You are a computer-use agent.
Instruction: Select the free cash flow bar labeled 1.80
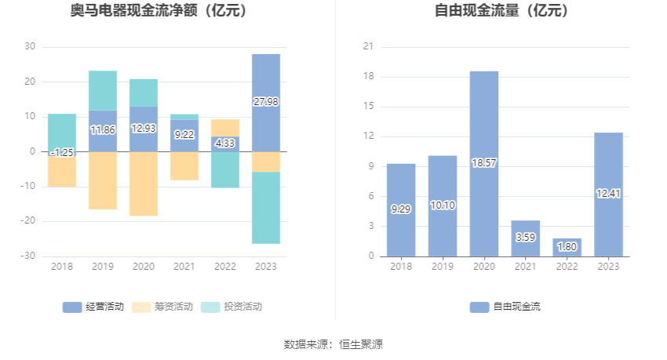pos(567,247)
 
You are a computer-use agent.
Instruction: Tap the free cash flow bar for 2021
pos(526,238)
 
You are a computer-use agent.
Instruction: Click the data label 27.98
pos(266,102)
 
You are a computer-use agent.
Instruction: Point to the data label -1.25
pos(62,152)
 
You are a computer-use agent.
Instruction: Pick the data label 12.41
pos(608,194)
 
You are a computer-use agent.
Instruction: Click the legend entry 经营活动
pos(93,307)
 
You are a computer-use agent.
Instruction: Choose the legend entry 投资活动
pos(232,307)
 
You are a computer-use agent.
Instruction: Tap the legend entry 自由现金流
pos(506,307)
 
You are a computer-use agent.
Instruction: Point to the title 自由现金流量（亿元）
pos(502,12)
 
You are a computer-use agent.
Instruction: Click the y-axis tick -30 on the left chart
pos(27,256)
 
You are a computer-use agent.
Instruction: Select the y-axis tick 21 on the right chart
pos(366,47)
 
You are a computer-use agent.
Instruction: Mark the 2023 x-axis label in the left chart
pos(266,267)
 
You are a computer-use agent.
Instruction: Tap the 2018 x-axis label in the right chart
pos(401,267)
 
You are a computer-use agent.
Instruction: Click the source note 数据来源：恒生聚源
pos(333,344)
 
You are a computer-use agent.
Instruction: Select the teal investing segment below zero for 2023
pos(266,208)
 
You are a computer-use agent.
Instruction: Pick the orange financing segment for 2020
pos(144,184)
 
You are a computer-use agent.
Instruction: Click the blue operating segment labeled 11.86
pos(103,130)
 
